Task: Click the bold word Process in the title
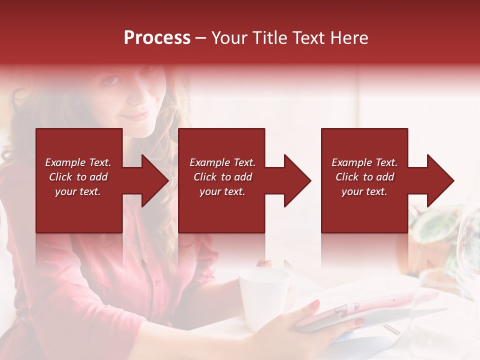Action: tap(157, 38)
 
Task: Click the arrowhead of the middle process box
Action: tap(297, 180)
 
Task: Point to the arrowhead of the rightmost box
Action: tap(440, 180)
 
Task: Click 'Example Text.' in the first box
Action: tap(78, 162)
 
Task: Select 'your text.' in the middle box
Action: tap(222, 191)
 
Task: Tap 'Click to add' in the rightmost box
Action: tap(364, 177)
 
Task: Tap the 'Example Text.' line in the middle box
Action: tap(222, 162)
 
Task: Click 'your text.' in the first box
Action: tap(78, 191)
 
